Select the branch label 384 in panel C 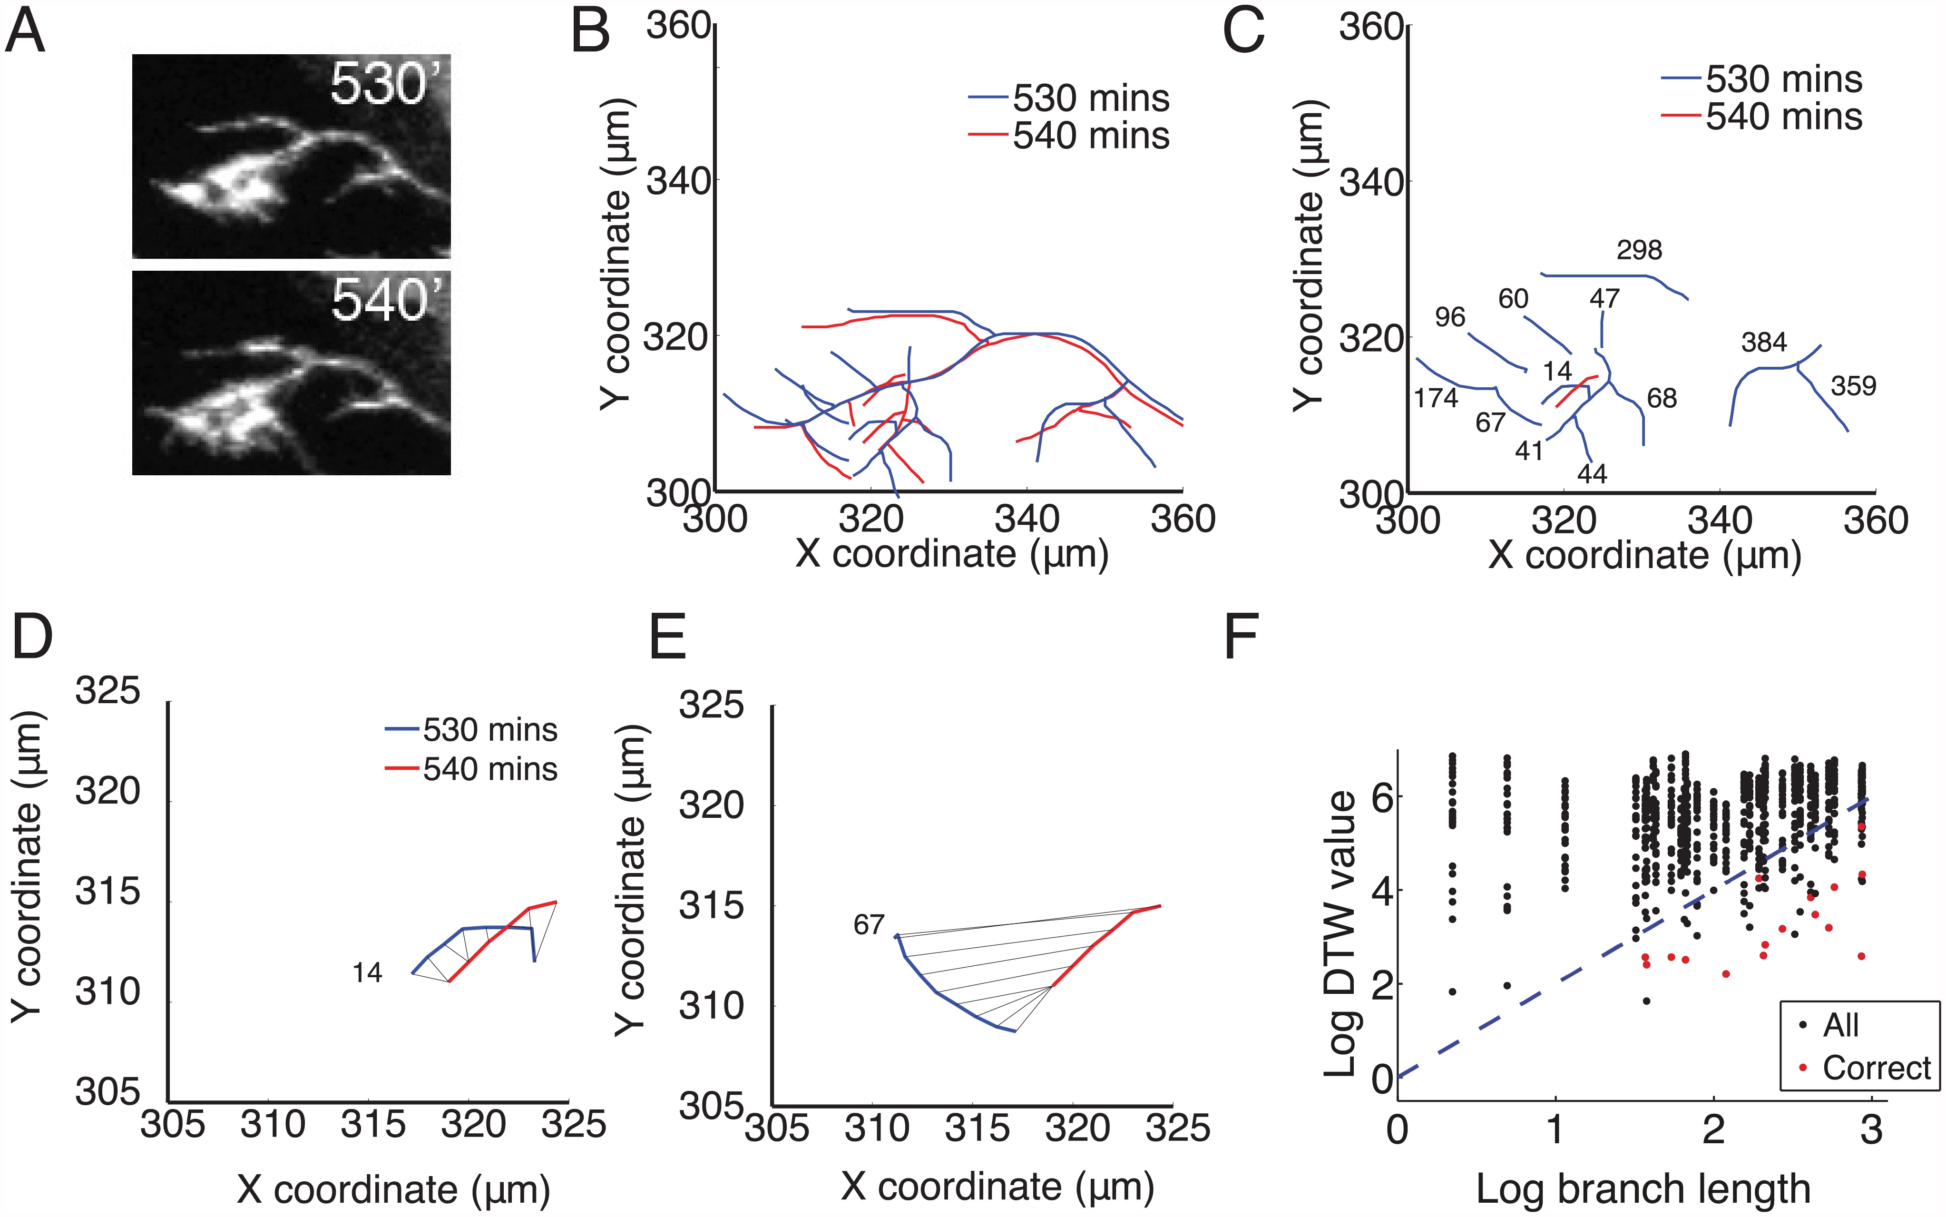pyautogui.click(x=1763, y=343)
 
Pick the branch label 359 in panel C pyautogui.click(x=1853, y=386)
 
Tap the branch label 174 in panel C pyautogui.click(x=1436, y=398)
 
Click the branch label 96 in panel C pyautogui.click(x=1449, y=317)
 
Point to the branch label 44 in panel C pyautogui.click(x=1591, y=474)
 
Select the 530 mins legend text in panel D pyautogui.click(x=490, y=730)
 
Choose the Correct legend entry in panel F pyautogui.click(x=1876, y=1068)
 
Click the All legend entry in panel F pyautogui.click(x=1840, y=1025)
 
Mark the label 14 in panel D pyautogui.click(x=367, y=973)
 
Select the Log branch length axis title pyautogui.click(x=1643, y=1189)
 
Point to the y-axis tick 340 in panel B pyautogui.click(x=678, y=182)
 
